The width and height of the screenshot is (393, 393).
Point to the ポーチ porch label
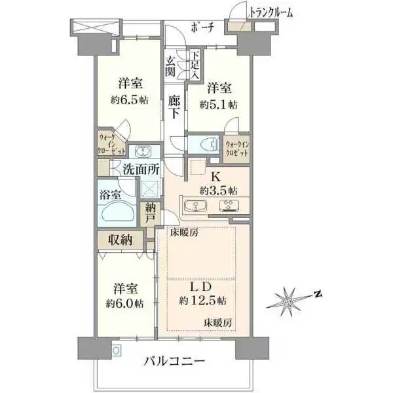[203, 28]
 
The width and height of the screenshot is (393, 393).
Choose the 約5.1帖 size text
[219, 105]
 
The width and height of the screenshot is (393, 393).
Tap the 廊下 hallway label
[174, 106]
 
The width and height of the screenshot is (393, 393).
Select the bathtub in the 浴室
[119, 213]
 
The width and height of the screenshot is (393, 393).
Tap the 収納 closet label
[122, 240]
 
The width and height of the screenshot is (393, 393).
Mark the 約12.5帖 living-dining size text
[203, 301]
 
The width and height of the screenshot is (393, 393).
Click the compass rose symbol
[289, 300]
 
